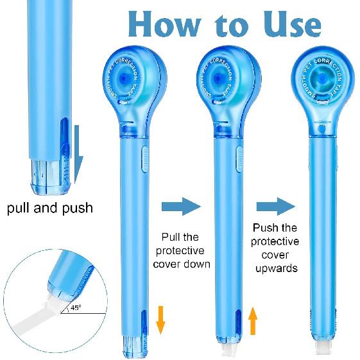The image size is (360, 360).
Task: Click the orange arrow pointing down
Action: point(160,320)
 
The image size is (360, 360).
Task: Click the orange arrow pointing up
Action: point(253,320)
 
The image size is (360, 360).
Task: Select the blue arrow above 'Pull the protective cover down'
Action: point(181,206)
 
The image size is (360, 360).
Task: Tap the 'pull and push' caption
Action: point(50,208)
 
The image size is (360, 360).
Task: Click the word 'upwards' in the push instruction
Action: point(275,268)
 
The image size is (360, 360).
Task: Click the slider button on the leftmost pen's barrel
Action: point(144,158)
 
